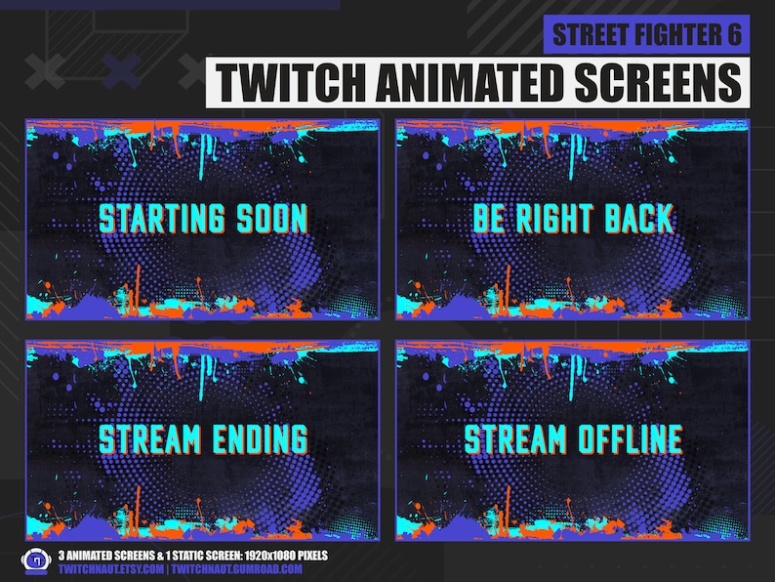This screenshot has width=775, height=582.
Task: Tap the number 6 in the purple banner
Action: [x=733, y=35]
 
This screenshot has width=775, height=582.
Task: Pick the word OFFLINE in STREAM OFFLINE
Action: [x=625, y=438]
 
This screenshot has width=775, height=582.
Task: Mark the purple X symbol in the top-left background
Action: [x=121, y=69]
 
